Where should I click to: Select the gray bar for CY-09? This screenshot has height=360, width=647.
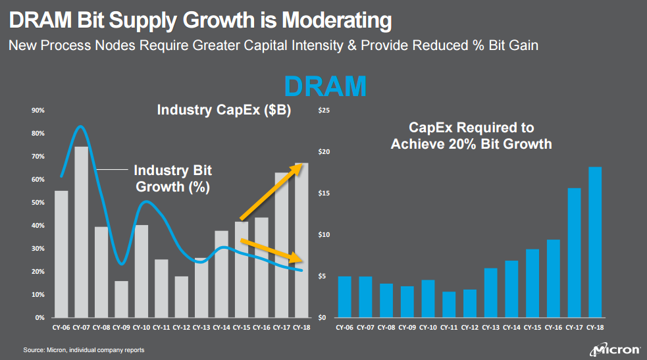pyautogui.click(x=121, y=299)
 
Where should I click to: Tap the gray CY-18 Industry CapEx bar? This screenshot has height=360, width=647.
pyautogui.click(x=301, y=240)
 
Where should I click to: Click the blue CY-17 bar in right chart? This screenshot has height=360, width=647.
pyautogui.click(x=574, y=253)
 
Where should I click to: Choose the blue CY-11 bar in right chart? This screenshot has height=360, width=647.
pyautogui.click(x=449, y=305)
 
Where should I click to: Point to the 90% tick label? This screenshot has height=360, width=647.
pyautogui.click(x=38, y=111)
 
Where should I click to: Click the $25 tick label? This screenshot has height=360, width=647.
pyautogui.click(x=323, y=111)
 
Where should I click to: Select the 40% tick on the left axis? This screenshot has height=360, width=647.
pyautogui.click(x=38, y=226)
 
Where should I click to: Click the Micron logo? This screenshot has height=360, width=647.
pyautogui.click(x=616, y=348)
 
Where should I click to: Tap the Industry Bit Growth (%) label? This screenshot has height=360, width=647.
pyautogui.click(x=172, y=179)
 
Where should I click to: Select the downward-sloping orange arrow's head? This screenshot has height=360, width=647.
pyautogui.click(x=299, y=258)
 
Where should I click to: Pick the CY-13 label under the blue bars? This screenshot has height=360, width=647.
pyautogui.click(x=491, y=327)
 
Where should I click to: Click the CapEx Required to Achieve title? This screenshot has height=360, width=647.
pyautogui.click(x=471, y=136)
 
